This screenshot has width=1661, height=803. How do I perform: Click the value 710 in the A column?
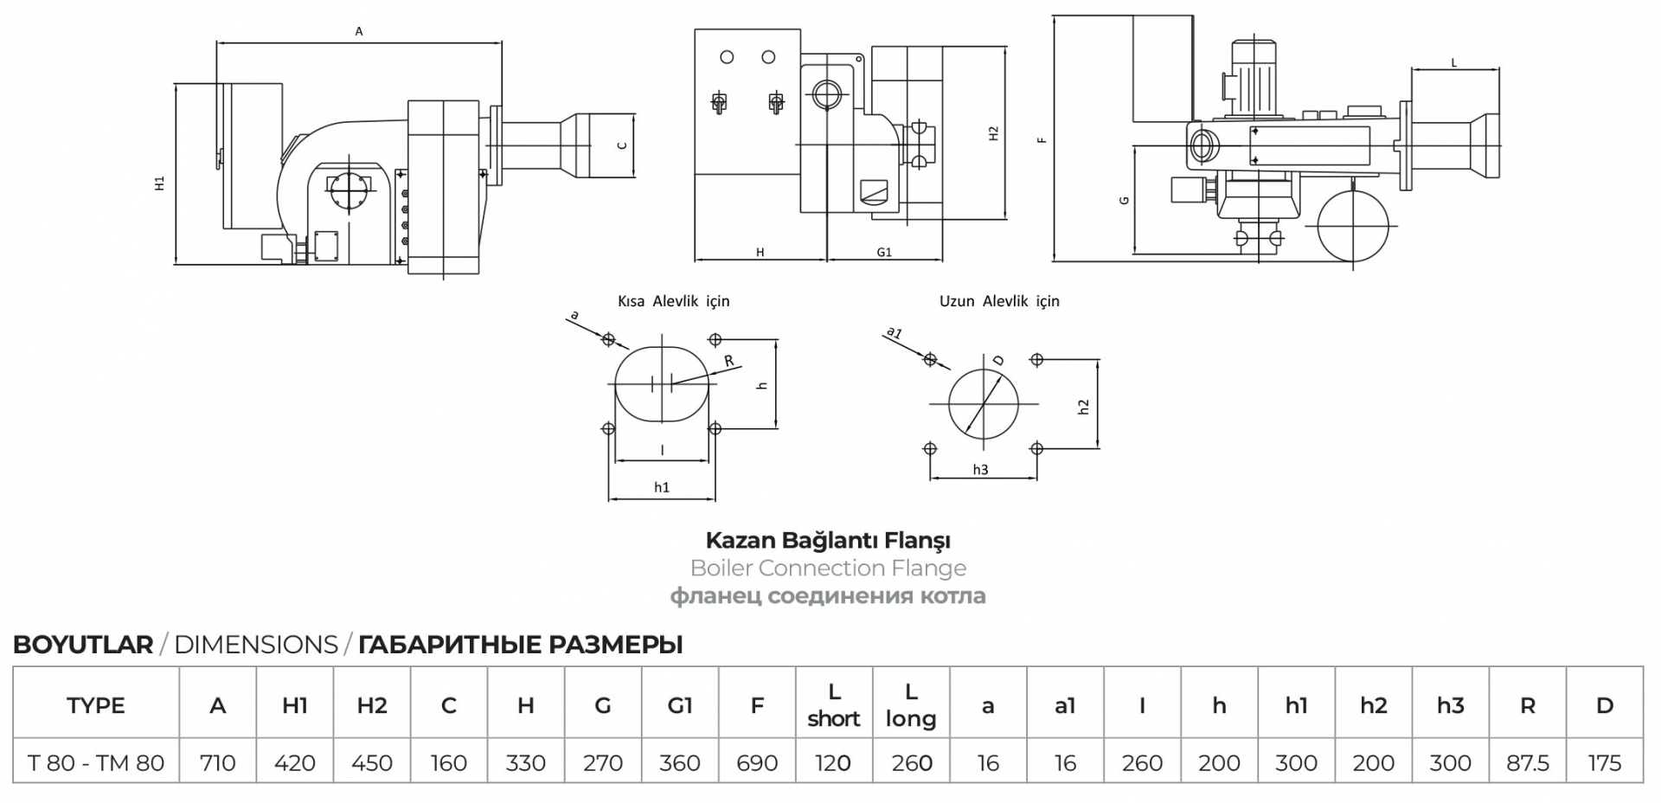coord(217,763)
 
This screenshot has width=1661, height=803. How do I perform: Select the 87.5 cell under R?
coord(1528,763)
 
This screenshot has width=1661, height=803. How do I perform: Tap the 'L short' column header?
coord(834,705)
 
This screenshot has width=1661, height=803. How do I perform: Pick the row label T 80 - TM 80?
coord(96,763)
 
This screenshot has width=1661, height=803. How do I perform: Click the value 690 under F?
coord(757,763)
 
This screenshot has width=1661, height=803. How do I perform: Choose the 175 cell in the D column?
coord(1605,763)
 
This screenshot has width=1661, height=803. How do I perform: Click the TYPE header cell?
coord(96,705)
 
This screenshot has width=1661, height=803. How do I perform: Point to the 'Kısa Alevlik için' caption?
coord(674,301)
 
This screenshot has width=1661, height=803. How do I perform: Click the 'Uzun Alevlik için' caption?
coord(999,301)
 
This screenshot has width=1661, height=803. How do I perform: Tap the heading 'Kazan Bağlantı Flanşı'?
coord(829,541)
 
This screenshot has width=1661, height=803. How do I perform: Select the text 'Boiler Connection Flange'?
coord(829,569)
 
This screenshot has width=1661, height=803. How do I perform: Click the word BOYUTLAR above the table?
coord(83,645)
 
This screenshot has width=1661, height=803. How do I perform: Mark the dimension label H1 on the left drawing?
coord(160,183)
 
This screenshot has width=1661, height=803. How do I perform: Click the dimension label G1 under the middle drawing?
coord(884,253)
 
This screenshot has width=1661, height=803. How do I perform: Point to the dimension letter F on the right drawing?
coord(1043,139)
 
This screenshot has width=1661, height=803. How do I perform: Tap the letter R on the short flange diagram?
coord(729,361)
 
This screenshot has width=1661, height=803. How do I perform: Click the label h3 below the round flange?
coord(980,470)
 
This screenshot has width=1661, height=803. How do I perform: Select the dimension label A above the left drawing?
coord(359,32)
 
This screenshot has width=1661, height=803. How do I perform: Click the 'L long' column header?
coord(911,705)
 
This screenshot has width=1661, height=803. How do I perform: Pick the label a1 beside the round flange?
coord(895,332)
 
